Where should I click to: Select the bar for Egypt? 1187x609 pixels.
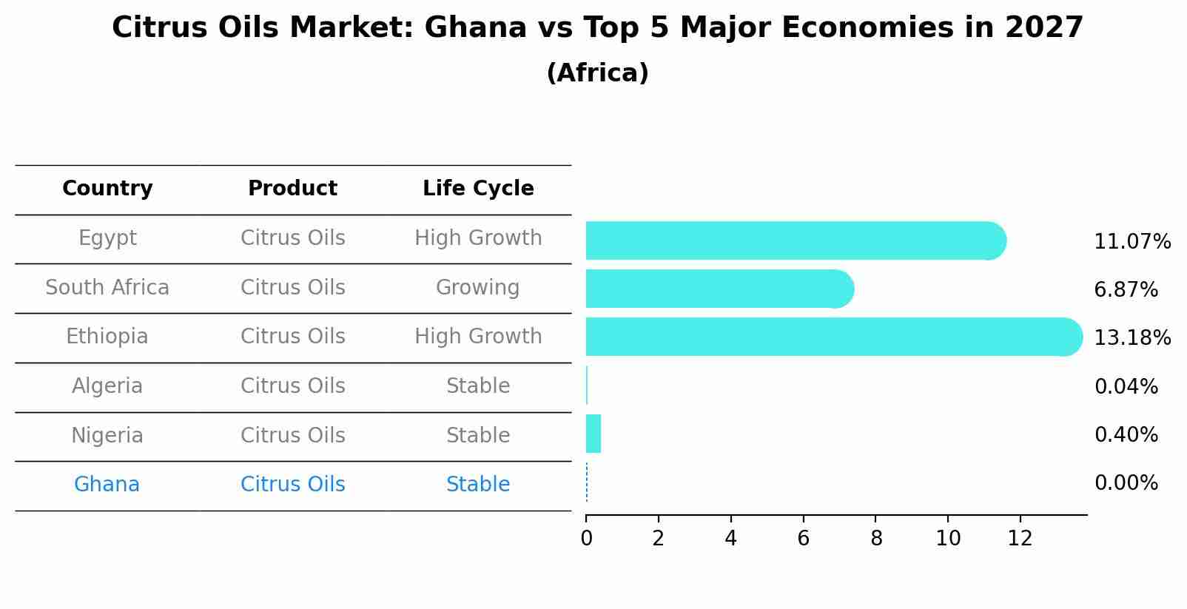[796, 240]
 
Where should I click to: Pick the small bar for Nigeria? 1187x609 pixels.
[593, 434]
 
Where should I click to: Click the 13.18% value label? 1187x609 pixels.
[1131, 338]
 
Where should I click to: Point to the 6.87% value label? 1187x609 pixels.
[1126, 290]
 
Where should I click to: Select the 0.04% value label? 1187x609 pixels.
[1126, 386]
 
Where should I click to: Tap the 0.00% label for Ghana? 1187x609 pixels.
[1126, 483]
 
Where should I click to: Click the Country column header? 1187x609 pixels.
[107, 189]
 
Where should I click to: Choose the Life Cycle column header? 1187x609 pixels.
[478, 189]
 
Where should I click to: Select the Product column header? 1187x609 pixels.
[292, 189]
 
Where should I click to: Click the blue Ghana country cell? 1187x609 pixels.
[107, 485]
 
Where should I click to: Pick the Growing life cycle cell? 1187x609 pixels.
[477, 287]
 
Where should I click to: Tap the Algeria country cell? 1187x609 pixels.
[107, 386]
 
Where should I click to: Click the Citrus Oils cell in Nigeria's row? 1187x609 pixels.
[292, 435]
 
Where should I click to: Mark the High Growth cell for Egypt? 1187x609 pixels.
[478, 238]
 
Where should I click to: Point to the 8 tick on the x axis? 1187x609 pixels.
[875, 538]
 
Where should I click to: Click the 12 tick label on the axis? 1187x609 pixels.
[1020, 538]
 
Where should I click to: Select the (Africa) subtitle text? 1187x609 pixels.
[597, 73]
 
